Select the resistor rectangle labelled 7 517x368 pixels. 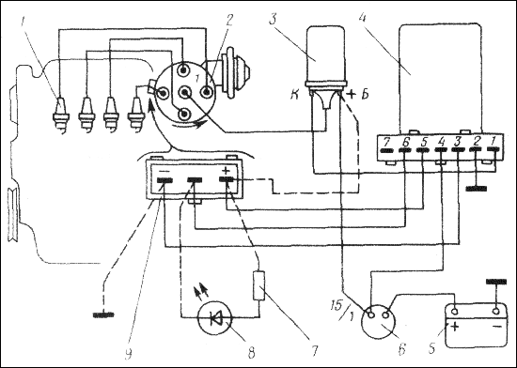pyautogui.click(x=258, y=285)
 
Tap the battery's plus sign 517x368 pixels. pyautogui.click(x=454, y=327)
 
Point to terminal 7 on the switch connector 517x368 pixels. pyautogui.click(x=386, y=151)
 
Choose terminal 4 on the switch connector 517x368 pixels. pyautogui.click(x=441, y=150)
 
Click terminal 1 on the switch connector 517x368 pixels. pyautogui.click(x=493, y=149)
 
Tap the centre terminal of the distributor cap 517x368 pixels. pyautogui.click(x=184, y=93)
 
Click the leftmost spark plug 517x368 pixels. pyautogui.click(x=61, y=114)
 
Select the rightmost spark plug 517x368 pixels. pyautogui.click(x=136, y=114)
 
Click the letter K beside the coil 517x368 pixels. pyautogui.click(x=294, y=95)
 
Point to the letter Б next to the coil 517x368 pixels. pyautogui.click(x=365, y=94)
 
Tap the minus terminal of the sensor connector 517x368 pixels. pyautogui.click(x=164, y=180)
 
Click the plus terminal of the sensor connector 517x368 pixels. pyautogui.click(x=227, y=179)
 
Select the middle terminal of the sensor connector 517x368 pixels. pyautogui.click(x=195, y=180)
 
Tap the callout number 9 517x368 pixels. pyautogui.click(x=128, y=353)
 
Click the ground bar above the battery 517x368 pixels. pyautogui.click(x=496, y=282)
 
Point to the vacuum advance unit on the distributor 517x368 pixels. pyautogui.click(x=235, y=72)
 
